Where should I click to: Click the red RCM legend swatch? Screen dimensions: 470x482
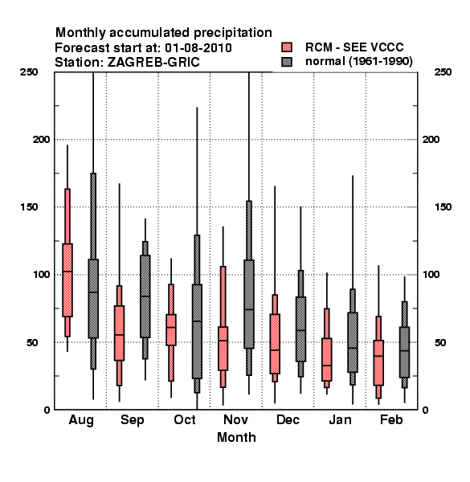287,47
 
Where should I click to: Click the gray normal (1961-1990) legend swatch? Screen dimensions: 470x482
287,62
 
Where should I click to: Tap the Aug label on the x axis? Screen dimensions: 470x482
81,420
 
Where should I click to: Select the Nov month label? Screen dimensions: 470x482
235,419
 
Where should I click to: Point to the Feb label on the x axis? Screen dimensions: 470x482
391,419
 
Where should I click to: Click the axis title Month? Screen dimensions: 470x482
236,437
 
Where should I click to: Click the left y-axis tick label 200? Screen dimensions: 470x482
41,139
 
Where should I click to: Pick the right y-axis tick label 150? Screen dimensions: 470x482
443,207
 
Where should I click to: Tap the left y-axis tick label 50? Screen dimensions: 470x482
32,342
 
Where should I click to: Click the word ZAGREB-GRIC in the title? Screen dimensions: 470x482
153,63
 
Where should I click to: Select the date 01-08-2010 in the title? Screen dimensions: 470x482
198,48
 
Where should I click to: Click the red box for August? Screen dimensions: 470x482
67,280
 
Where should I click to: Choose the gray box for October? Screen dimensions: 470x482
197,331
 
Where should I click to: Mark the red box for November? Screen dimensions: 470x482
223,349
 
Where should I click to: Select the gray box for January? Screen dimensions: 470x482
353,342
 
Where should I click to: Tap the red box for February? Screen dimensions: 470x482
378,363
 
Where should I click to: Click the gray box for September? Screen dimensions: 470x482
145,296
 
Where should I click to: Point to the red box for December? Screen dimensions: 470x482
275,344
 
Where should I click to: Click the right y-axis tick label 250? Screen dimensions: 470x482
443,72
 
